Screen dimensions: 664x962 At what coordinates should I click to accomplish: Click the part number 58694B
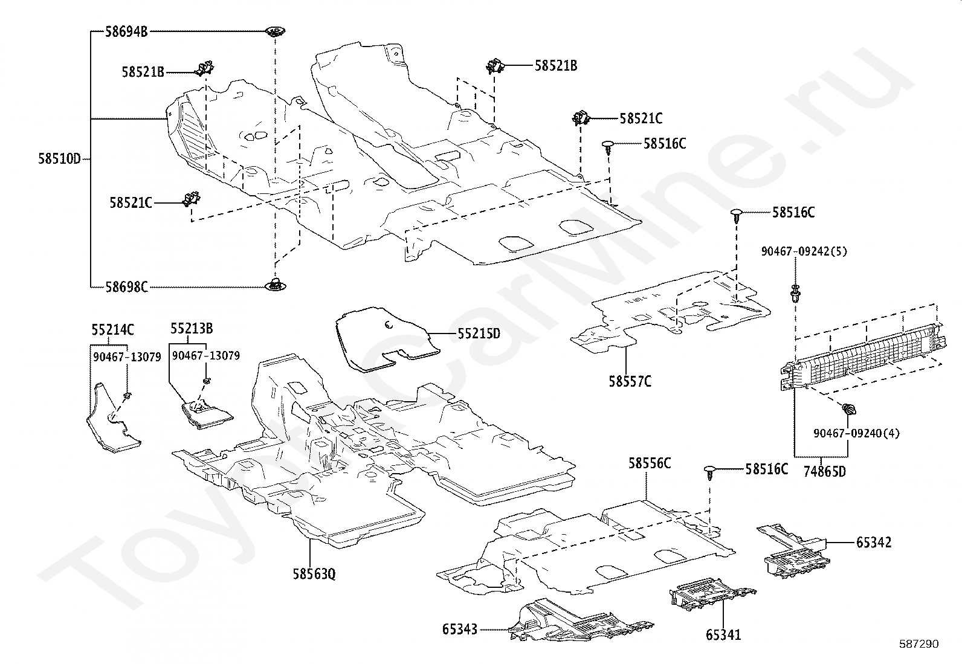point(126,31)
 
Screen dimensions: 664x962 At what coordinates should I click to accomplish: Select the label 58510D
point(59,160)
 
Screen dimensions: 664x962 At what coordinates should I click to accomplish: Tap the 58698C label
point(126,287)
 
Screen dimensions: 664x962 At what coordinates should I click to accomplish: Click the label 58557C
point(630,381)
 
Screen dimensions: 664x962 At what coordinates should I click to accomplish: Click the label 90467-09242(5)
point(804,251)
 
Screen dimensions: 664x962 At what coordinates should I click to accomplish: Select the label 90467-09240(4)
point(856,433)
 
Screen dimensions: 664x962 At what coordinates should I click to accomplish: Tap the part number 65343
point(460,630)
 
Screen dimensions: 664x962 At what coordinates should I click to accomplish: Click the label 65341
point(723,635)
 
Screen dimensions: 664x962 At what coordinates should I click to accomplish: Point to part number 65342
point(873,543)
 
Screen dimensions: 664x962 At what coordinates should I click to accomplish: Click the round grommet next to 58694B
point(276,31)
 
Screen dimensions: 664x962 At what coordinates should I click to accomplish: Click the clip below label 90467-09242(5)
point(796,294)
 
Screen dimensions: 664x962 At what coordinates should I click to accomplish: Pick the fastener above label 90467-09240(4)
point(848,410)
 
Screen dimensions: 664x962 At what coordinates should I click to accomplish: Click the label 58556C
point(649,463)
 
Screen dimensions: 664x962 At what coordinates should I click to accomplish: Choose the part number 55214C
point(113,330)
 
